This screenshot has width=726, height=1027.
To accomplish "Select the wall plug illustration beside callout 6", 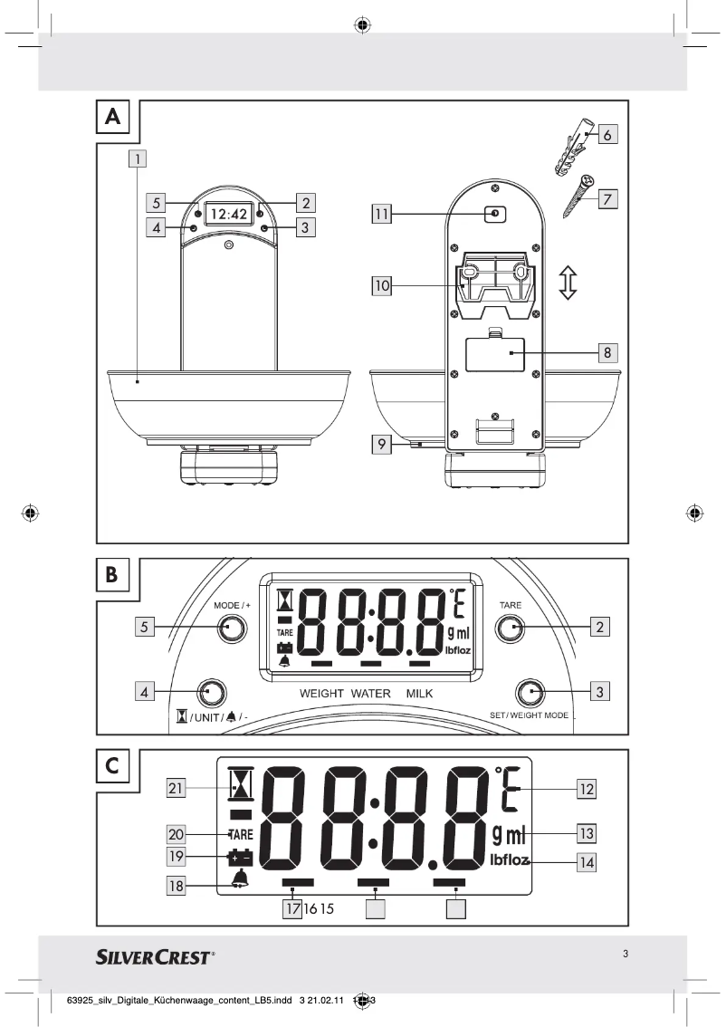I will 568,149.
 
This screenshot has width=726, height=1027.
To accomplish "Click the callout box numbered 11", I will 381,214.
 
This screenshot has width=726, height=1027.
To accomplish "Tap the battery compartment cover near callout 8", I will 495,354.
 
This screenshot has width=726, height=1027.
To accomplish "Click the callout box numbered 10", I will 381,286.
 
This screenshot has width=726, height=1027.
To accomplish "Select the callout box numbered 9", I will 381,445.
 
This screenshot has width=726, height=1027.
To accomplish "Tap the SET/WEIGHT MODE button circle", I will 529,693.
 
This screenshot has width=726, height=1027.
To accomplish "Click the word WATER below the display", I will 369,694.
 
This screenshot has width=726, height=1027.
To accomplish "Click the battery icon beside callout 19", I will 241,856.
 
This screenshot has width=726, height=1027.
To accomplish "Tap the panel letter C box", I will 112,765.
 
